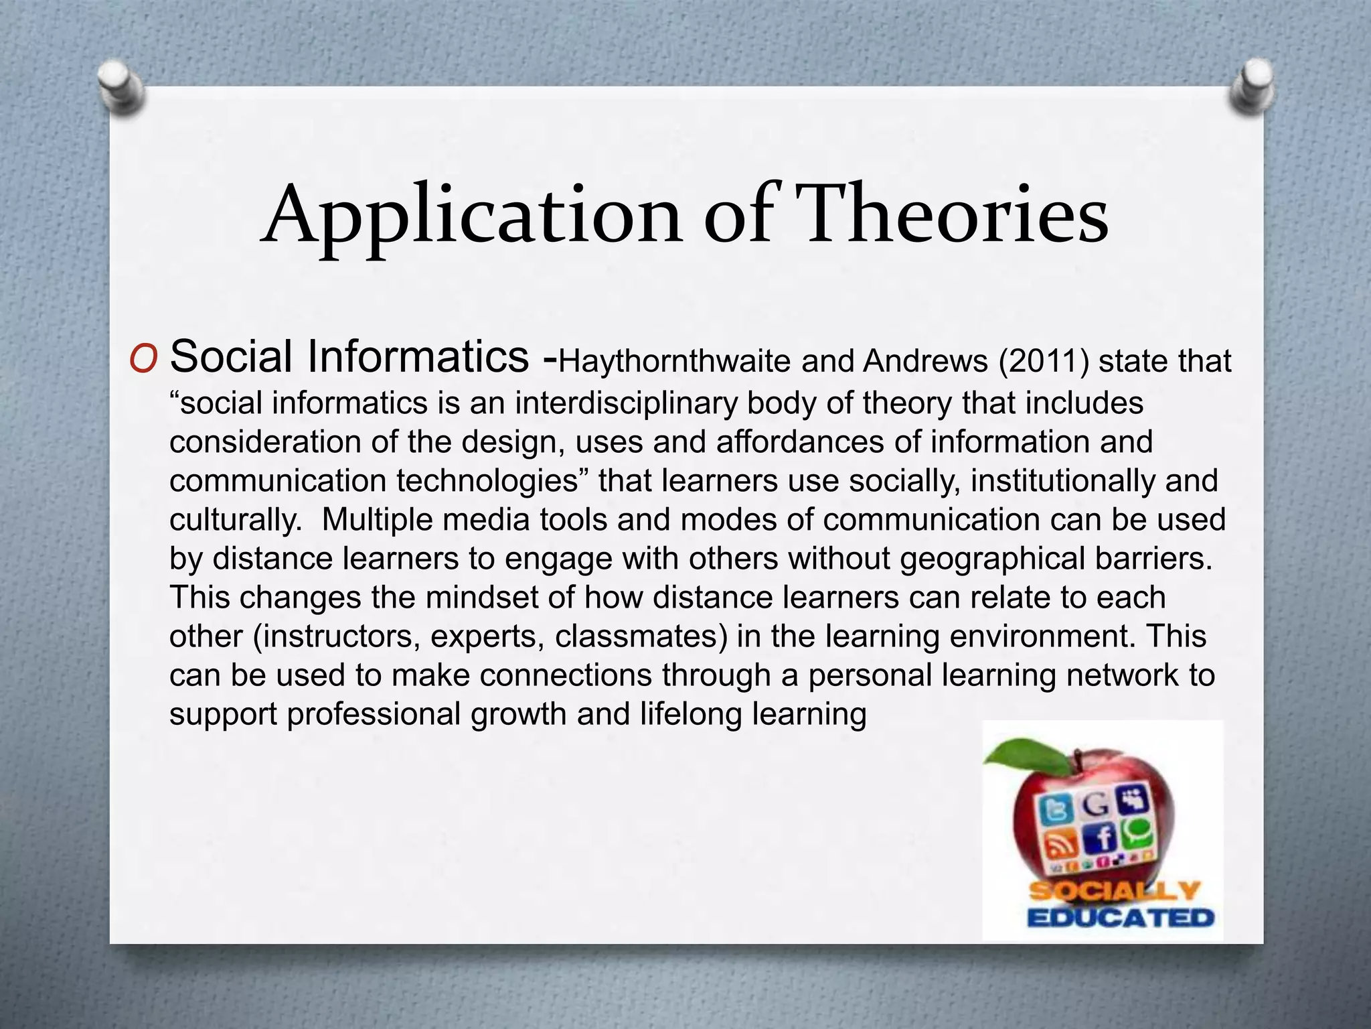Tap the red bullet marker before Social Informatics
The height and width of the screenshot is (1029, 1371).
pyautogui.click(x=143, y=360)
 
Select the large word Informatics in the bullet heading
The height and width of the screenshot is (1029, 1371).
pyautogui.click(x=418, y=356)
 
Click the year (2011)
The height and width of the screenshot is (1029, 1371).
pyautogui.click(x=1044, y=362)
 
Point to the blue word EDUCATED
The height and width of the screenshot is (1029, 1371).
pyautogui.click(x=1121, y=917)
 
